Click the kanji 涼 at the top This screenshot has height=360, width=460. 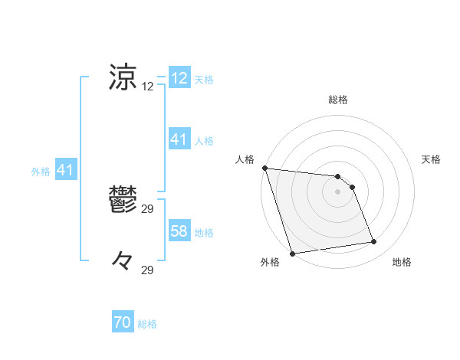124,78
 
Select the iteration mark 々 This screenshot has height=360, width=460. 123,262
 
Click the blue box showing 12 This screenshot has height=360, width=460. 179,78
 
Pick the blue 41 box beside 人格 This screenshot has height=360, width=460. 179,139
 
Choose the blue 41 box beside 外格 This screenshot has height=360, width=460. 64,171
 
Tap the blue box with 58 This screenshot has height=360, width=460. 179,231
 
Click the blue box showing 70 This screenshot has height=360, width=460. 123,323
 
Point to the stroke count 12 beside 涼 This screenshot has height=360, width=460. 148,87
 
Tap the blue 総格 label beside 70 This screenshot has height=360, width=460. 147,324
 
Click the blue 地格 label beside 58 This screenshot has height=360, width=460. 204,232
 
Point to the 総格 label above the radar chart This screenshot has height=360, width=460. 338,100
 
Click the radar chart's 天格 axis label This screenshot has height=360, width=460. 432,159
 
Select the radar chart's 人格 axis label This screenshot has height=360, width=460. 245,159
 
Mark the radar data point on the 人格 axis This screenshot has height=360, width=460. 264,168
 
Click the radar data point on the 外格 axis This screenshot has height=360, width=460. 292,254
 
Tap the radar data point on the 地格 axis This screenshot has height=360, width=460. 374,242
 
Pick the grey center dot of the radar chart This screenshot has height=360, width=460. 338,191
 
